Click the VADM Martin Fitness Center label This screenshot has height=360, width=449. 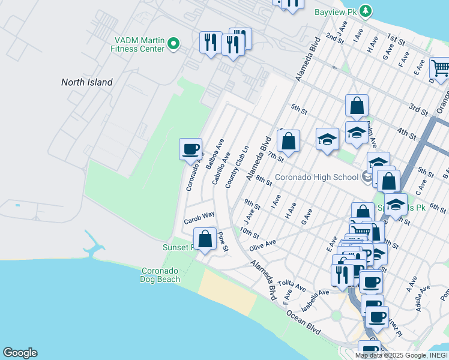139,44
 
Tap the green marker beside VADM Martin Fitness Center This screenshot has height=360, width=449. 173,43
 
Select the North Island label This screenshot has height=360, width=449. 87,82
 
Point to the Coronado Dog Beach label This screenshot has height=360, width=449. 160,275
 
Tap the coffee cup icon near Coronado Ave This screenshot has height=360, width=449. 191,148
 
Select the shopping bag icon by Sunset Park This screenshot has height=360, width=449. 205,238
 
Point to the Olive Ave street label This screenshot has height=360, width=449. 262,244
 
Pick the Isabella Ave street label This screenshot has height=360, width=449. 316,298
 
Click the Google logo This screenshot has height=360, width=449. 20,353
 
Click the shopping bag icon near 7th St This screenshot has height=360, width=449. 289,141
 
